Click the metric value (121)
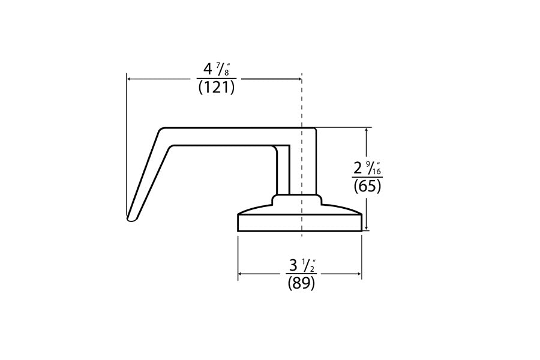[x=216, y=88]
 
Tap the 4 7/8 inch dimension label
[x=216, y=68]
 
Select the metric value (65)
[x=367, y=186]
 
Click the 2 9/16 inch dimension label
[x=367, y=167]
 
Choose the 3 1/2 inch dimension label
[x=301, y=265]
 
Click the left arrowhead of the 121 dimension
[x=129, y=78]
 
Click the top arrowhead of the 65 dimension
[x=367, y=130]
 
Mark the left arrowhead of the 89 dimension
[x=241, y=274]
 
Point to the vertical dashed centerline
[x=301, y=102]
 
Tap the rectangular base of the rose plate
[x=300, y=223]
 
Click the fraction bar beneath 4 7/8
[x=216, y=78]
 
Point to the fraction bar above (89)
[x=301, y=274]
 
